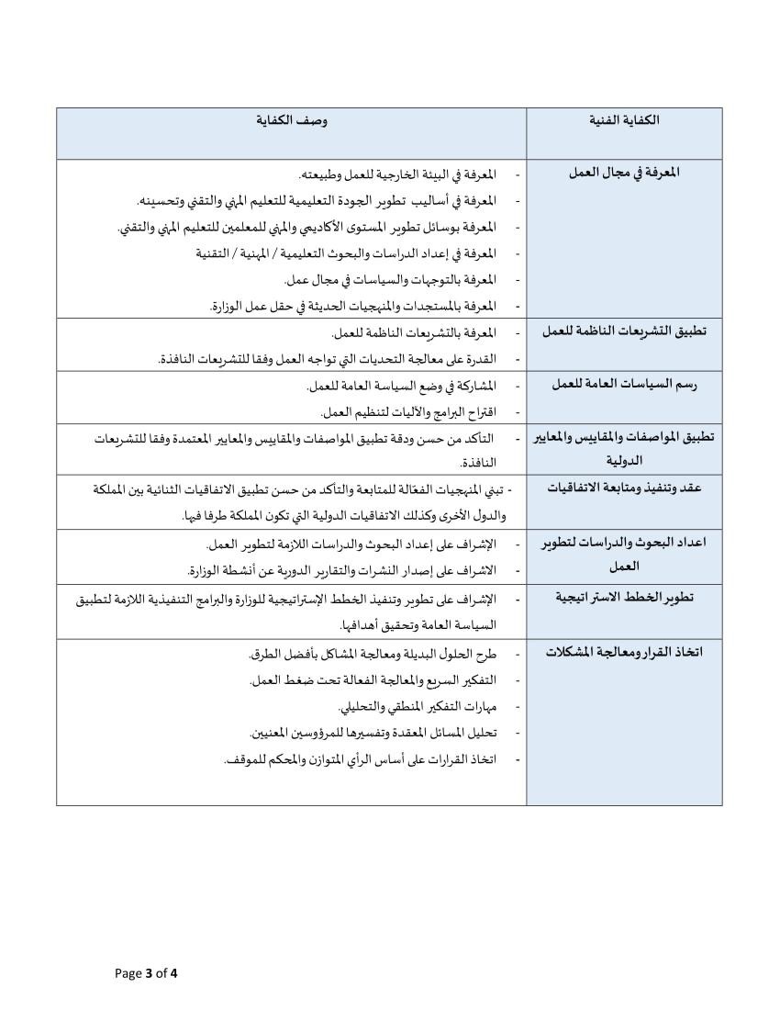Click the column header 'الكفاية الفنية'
click(623, 120)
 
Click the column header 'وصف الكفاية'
click(292, 120)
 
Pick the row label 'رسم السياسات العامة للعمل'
click(624, 384)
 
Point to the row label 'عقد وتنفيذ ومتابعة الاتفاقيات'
click(624, 488)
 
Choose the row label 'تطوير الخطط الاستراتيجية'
click(624, 598)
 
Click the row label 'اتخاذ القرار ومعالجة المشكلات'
click(624, 652)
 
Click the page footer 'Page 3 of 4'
click(146, 973)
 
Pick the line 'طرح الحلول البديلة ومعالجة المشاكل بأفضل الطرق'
click(372, 654)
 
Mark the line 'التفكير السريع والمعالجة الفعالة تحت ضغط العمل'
click(373, 680)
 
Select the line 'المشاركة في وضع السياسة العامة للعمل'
click(403, 385)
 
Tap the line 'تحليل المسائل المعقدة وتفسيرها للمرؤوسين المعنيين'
click(373, 733)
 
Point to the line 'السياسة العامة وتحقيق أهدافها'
click(417, 625)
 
